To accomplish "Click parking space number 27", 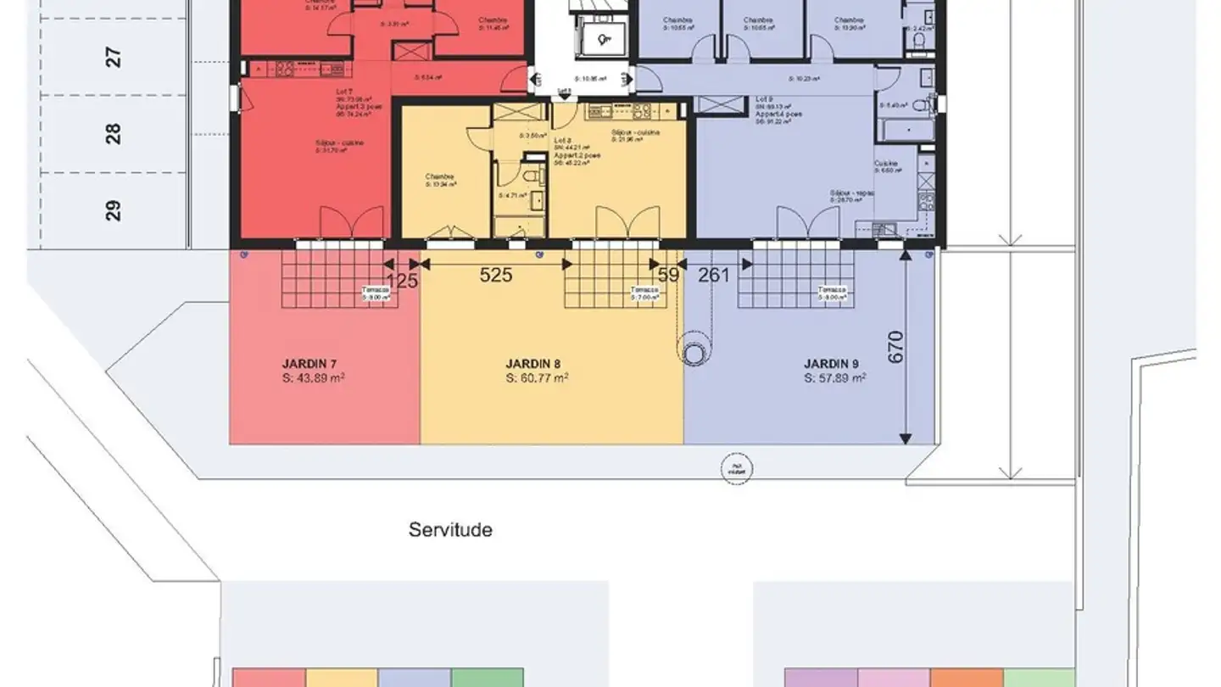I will click(x=114, y=58).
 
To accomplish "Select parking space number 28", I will click(x=114, y=134).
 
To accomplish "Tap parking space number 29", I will click(x=114, y=209).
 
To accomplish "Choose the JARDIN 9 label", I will click(x=834, y=364).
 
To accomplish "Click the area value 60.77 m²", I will click(x=537, y=378).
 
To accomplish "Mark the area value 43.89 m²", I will click(x=313, y=378).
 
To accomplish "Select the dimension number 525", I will click(x=496, y=275).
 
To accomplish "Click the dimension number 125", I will click(x=402, y=281).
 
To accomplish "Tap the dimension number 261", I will click(x=714, y=275).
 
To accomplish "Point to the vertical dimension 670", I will click(x=896, y=348).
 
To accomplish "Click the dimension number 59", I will click(x=668, y=275).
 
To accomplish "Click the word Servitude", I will click(x=450, y=530).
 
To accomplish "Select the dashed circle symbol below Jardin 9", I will click(x=735, y=469).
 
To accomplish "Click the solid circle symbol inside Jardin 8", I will click(x=695, y=355).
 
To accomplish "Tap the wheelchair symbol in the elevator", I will click(x=604, y=38).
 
